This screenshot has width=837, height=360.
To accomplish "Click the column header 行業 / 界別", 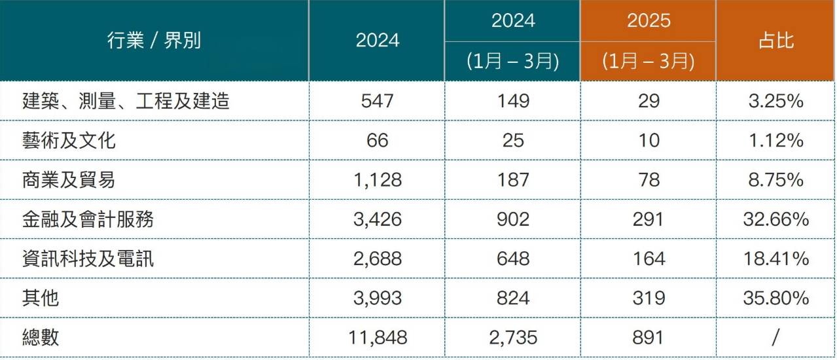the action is [154, 40].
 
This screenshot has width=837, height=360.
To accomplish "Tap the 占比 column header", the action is [776, 40].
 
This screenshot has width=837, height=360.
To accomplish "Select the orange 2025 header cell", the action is [649, 20].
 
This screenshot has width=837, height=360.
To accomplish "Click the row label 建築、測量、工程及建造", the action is [126, 101].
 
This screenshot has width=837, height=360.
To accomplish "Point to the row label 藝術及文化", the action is [69, 141].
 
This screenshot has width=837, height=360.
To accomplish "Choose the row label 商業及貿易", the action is [69, 180].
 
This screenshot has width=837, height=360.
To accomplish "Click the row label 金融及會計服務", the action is [88, 219].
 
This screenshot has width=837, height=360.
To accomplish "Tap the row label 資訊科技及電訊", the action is [88, 259].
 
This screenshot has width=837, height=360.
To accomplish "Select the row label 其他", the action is [41, 298].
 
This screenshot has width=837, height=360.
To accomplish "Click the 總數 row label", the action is [41, 338].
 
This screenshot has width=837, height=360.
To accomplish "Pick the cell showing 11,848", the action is [378, 338].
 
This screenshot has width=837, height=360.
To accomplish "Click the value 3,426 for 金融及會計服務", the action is [378, 219].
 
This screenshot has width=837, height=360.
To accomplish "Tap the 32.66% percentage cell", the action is [776, 219].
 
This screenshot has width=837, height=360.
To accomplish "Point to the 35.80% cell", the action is [776, 298].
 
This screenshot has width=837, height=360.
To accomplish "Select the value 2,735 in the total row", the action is [513, 338].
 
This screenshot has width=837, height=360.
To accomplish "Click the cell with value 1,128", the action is [378, 180].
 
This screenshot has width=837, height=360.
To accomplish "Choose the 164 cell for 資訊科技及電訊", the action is [649, 259].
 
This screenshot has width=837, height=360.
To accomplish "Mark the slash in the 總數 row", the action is [775, 338].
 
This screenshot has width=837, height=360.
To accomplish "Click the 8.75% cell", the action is [776, 180].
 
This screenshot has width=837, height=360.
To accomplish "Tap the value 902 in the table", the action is [513, 219].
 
